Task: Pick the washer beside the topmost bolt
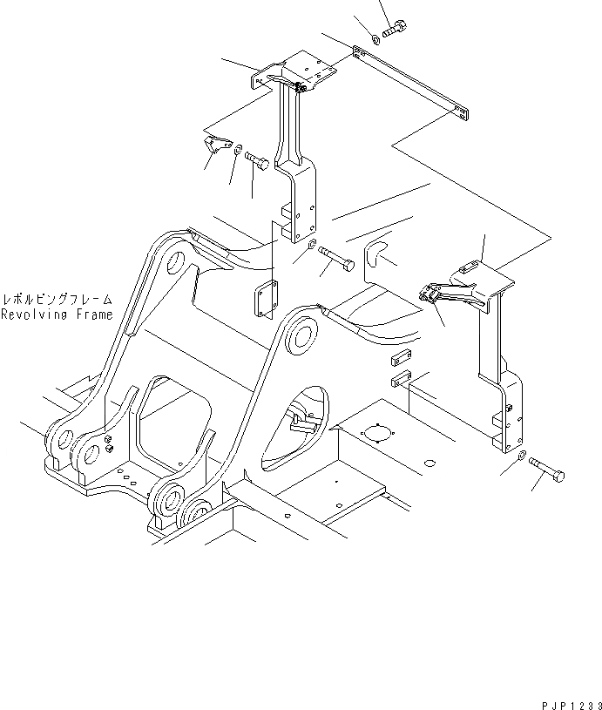click(374, 37)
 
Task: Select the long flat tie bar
click(414, 84)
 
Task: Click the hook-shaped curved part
click(374, 250)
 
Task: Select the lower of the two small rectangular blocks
click(402, 378)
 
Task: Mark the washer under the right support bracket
click(521, 456)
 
